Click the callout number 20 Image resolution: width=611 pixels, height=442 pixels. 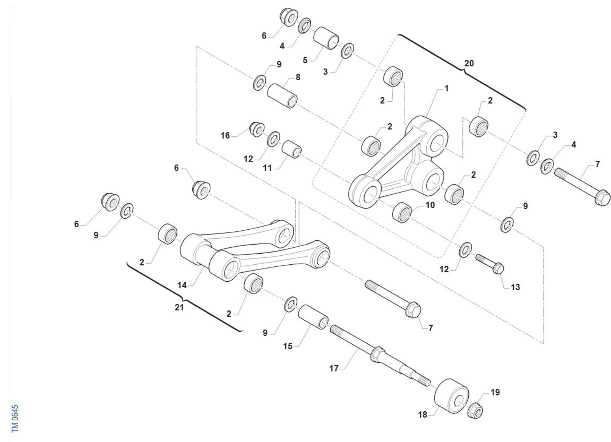point(469,63)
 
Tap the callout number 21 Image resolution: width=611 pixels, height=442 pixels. point(179,307)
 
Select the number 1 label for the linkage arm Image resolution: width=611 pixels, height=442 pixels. point(447,89)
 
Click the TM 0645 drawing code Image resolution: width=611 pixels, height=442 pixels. point(15,418)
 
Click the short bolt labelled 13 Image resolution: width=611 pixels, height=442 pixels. point(491,264)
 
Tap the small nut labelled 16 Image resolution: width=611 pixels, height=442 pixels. point(257,128)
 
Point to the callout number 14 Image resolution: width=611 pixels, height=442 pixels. point(182,285)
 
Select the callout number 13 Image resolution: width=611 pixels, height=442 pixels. point(515,287)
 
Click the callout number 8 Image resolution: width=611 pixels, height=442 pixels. point(298,77)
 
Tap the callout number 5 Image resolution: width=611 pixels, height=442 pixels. point(305,60)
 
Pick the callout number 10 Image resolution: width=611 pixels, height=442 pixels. point(430,205)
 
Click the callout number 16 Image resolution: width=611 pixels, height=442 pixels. point(225,136)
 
